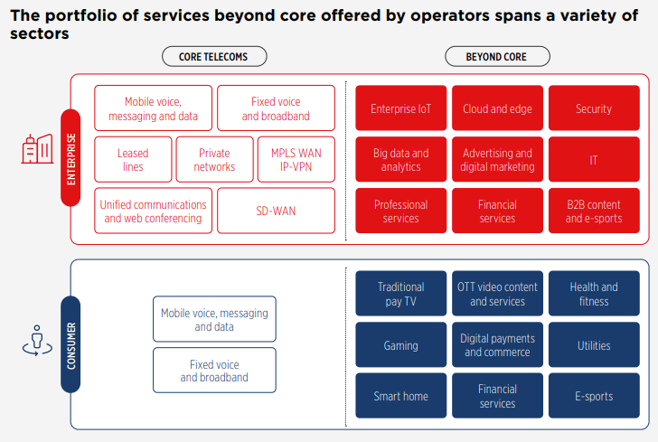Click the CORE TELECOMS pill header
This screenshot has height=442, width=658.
coord(214,57)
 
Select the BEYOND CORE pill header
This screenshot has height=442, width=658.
coord(497,57)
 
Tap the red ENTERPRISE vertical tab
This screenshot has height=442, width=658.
coord(70,158)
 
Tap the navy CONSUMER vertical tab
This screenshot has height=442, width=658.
coord(70,344)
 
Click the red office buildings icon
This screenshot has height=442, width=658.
coord(37,149)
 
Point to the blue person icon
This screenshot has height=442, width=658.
coord(37,341)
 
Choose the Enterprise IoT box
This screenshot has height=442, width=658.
coord(400,108)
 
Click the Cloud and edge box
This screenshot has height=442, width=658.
coord(497,108)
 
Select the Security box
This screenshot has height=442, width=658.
coord(594,108)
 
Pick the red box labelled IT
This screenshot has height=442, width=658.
coord(594,159)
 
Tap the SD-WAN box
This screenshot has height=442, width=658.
coord(277,211)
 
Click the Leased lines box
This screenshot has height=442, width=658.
coord(133,159)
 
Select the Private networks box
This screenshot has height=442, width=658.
coord(214,159)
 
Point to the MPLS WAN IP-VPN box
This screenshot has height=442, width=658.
coord(296,159)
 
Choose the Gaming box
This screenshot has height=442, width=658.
coord(400,344)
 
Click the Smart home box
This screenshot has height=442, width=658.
coord(400,396)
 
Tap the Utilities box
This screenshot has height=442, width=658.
coord(594,344)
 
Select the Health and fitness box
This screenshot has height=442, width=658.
coord(594,294)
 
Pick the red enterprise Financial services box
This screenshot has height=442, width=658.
coord(497,211)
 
